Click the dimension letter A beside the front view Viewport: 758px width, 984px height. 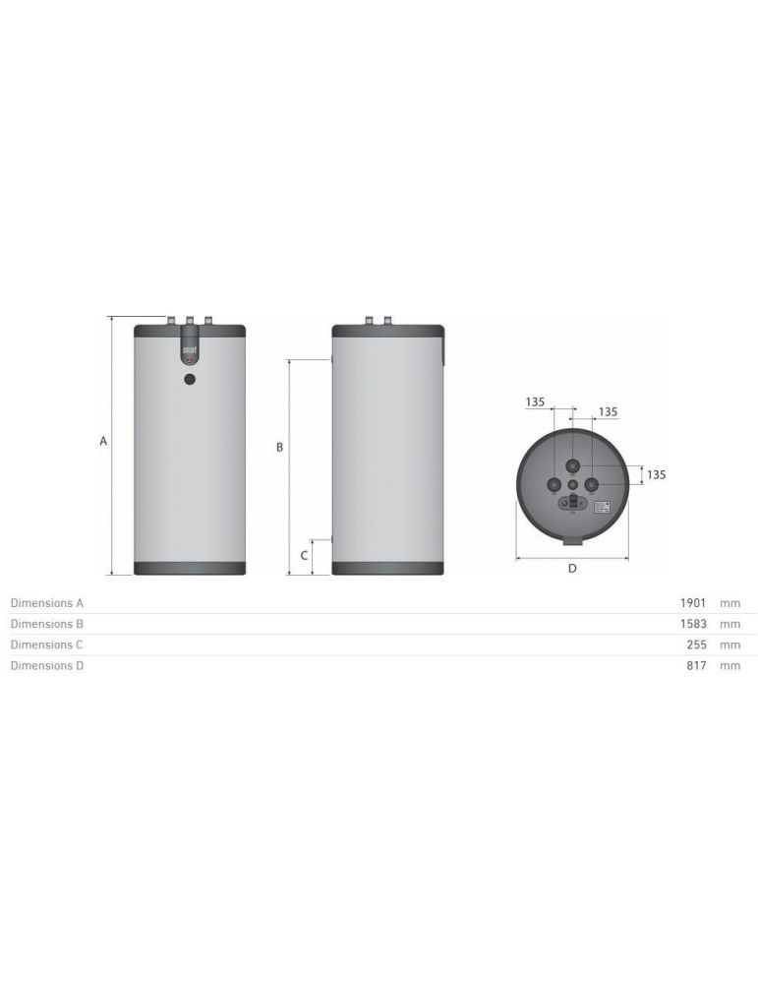(x=103, y=442)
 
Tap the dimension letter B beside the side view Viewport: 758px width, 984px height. (x=279, y=447)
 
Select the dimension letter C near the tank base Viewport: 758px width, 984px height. (x=304, y=556)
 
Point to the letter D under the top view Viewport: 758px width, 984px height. (x=571, y=568)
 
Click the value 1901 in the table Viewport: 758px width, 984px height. (x=694, y=602)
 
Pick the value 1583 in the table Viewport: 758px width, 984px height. (x=694, y=624)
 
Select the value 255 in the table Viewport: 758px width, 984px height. (x=697, y=645)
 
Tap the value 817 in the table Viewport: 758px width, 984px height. (x=697, y=666)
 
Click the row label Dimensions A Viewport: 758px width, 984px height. (x=46, y=602)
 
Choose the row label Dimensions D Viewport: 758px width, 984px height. (x=46, y=666)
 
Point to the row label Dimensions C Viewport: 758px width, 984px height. (x=46, y=645)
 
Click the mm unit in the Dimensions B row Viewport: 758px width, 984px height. (x=729, y=624)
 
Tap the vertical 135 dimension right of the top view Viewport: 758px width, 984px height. (x=656, y=474)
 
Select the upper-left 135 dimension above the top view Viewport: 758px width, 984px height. (x=535, y=401)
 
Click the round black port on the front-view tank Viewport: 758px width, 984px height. (x=190, y=378)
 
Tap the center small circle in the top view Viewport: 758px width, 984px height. (x=573, y=484)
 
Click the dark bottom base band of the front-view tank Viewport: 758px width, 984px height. (x=189, y=568)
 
